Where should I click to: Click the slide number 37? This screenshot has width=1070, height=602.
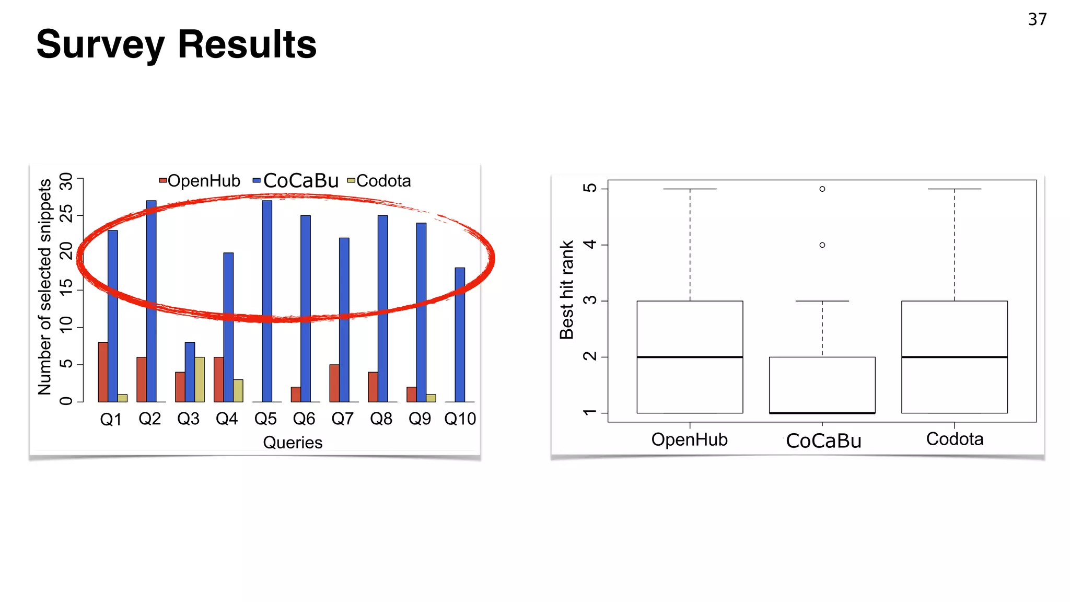[1037, 19]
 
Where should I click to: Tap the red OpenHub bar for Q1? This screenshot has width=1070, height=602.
[103, 372]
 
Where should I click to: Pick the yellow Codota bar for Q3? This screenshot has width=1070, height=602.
[200, 379]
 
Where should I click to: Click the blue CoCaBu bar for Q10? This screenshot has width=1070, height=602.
[460, 334]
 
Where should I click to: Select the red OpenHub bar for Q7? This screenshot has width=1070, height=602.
[334, 383]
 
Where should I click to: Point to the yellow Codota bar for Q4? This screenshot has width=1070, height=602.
[238, 390]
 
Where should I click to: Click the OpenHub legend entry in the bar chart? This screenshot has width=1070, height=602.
[200, 181]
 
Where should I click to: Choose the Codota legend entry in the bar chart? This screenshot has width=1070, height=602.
[379, 181]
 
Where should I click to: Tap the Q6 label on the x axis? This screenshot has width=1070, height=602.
[304, 419]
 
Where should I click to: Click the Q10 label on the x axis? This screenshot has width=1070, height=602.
[460, 419]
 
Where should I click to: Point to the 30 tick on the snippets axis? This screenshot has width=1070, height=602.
[66, 181]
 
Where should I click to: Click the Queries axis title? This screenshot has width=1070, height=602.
[293, 443]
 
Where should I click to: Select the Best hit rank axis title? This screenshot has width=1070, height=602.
[567, 290]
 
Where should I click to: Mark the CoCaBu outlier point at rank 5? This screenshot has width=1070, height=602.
[822, 189]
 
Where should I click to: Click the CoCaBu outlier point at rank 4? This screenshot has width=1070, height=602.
[822, 245]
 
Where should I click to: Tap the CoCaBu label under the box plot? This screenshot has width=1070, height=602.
[823, 441]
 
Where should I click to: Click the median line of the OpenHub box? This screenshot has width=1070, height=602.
[690, 357]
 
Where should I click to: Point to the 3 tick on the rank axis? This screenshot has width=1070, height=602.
[590, 300]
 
